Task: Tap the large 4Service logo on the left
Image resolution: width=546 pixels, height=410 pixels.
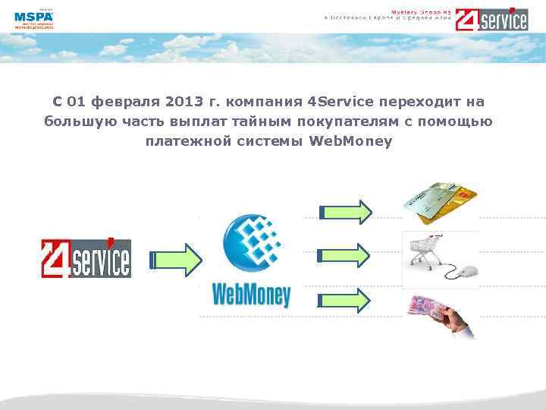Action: click(x=86, y=257)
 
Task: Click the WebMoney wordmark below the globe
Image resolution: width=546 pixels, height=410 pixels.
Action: click(x=251, y=292)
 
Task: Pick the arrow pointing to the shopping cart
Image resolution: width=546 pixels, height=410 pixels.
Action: click(x=345, y=255)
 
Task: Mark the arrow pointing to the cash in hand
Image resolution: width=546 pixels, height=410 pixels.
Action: click(x=345, y=300)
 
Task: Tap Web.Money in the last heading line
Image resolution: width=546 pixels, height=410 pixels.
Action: click(x=351, y=141)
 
